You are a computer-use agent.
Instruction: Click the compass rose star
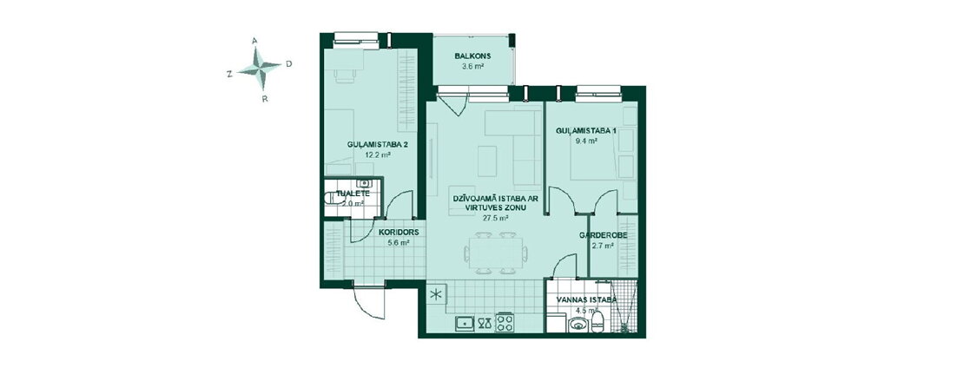(260, 68)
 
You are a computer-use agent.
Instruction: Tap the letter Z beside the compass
(229, 74)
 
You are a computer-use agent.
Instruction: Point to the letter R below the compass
(264, 98)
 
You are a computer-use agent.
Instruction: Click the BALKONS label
(472, 56)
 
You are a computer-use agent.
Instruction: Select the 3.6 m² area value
(472, 66)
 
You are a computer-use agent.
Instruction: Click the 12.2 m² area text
(378, 154)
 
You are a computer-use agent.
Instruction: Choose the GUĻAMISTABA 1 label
(586, 131)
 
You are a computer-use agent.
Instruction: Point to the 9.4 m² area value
(586, 141)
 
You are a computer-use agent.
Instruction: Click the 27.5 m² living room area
(496, 218)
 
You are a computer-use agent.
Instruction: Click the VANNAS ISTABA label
(586, 300)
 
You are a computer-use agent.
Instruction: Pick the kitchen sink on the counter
(465, 323)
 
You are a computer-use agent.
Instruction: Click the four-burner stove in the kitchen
(505, 323)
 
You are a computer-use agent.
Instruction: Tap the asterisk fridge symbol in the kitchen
(435, 294)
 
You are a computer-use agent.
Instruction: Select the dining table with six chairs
(496, 253)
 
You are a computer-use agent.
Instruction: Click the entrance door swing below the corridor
(369, 302)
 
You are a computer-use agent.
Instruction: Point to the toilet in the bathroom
(597, 321)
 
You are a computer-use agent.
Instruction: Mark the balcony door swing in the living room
(454, 104)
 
